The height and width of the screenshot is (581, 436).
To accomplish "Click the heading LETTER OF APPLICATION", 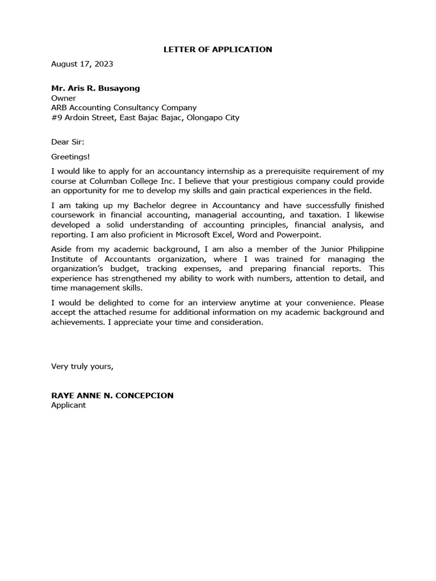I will (217, 49).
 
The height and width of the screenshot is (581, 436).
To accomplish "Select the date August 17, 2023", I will (82, 64).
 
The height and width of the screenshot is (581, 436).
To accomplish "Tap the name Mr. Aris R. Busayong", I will (95, 89).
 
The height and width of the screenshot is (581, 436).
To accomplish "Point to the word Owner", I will (64, 98).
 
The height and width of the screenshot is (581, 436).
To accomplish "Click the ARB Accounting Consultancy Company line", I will (124, 108).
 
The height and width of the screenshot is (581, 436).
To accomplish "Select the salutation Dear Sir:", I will (68, 142).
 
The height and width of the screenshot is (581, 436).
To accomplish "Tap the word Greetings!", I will (70, 156).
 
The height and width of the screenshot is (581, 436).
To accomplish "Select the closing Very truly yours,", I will (82, 366).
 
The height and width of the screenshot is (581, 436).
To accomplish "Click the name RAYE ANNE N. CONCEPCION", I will (112, 395).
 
